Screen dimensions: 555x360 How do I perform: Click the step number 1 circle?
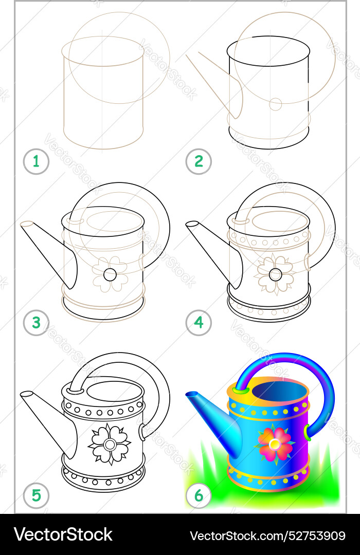click(36, 162)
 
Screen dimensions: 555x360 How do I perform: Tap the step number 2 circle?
click(199, 162)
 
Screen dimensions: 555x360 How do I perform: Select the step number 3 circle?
click(36, 323)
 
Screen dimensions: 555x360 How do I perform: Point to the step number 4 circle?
click(199, 323)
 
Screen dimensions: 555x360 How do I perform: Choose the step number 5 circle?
click(36, 496)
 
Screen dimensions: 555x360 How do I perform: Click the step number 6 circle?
click(199, 496)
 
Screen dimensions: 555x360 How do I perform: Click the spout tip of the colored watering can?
click(191, 394)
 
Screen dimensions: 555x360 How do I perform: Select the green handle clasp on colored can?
click(307, 431)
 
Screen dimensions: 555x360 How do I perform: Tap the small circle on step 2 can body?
click(276, 104)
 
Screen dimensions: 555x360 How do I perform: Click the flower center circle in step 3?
click(110, 274)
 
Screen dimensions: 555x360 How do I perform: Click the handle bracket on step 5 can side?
click(141, 432)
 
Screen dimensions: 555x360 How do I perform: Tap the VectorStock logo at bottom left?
click(63, 535)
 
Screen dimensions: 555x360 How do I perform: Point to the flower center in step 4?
click(275, 274)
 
